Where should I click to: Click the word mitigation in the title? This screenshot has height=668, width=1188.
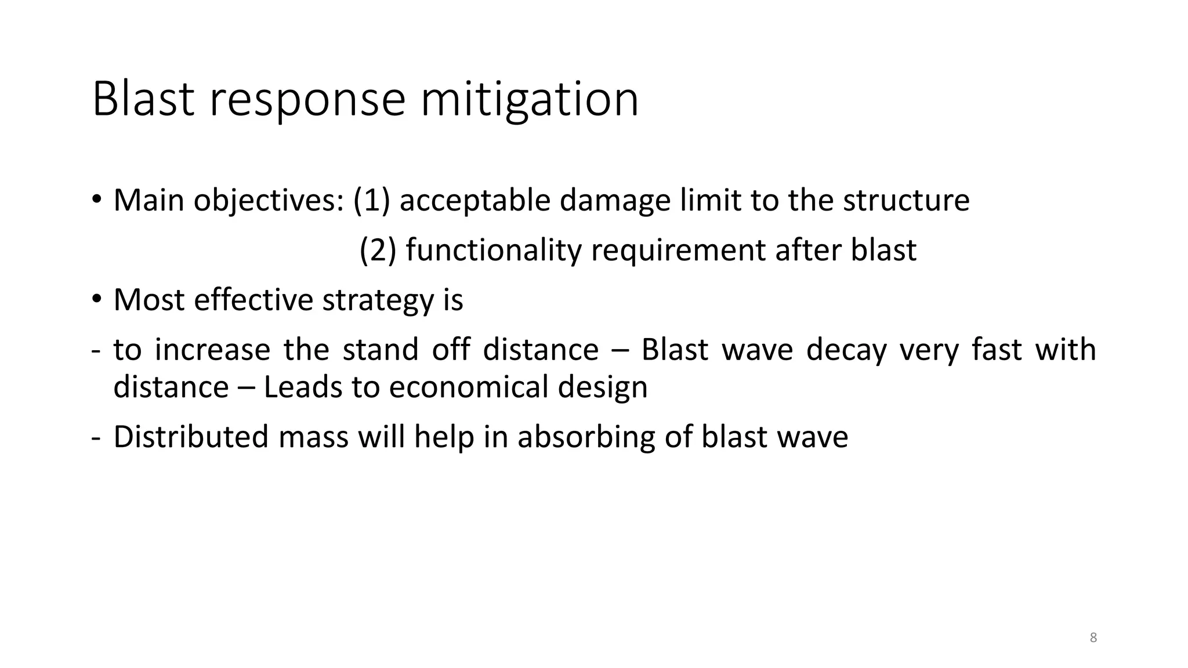coord(529,100)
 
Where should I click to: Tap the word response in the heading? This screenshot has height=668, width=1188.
coord(307,100)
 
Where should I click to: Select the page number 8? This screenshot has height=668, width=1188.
coord(1093,638)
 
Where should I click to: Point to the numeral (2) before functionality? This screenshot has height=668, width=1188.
coord(378,250)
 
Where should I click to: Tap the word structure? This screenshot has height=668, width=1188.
coord(906,200)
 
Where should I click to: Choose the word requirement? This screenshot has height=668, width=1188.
coord(678,250)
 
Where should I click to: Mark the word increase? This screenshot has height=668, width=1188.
coord(212,350)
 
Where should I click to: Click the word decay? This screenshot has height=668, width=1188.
coord(846,350)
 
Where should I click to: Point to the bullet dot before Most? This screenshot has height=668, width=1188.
coord(96,300)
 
